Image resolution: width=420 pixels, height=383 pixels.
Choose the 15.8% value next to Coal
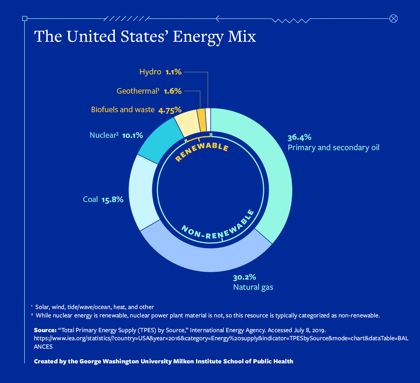click(x=112, y=200)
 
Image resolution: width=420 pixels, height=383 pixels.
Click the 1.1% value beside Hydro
click(x=174, y=72)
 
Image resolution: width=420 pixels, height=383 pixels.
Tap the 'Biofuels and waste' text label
click(x=123, y=110)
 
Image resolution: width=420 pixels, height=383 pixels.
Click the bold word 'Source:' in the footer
click(x=45, y=330)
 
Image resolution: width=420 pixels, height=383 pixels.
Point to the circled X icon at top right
click(x=393, y=19)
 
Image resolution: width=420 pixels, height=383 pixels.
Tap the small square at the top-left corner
click(x=24, y=19)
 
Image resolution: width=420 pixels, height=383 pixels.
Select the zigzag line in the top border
click(x=290, y=20)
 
